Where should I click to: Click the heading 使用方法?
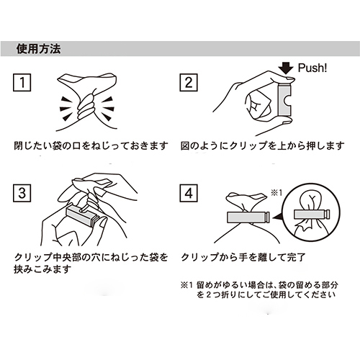point(38,49)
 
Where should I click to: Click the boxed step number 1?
point(22,83)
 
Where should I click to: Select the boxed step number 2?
point(189,83)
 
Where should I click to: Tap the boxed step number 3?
point(22,193)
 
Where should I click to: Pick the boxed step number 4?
point(189,193)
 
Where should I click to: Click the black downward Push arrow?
point(287,68)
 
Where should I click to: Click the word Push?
point(312,68)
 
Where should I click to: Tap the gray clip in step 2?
point(285,100)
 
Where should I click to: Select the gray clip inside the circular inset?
point(312,214)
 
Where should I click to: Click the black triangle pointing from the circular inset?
point(277,217)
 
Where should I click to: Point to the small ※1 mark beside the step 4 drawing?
point(276,193)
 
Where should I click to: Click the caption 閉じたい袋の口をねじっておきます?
point(91,145)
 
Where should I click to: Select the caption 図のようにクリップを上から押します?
point(262,145)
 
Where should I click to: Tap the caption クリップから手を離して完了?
point(243,257)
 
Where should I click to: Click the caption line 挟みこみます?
point(42,269)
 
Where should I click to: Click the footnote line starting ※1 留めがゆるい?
point(259,285)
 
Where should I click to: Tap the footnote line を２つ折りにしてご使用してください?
point(266,294)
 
